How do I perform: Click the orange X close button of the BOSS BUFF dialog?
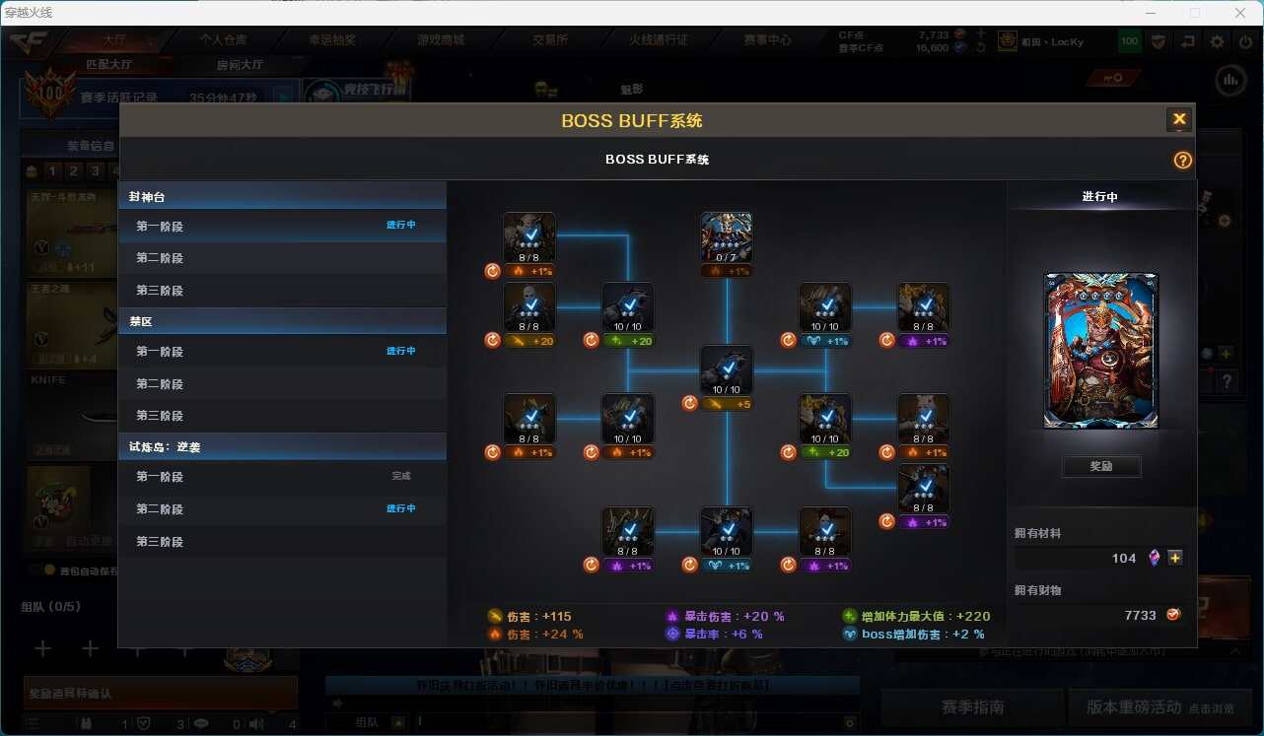(x=1178, y=120)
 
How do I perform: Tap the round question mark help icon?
(x=1183, y=161)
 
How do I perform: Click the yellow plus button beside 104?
(x=1174, y=558)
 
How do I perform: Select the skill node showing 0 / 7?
(x=727, y=237)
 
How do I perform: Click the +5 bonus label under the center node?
(x=729, y=404)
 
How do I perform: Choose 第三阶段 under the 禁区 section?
(x=160, y=416)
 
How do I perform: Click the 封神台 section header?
(x=148, y=197)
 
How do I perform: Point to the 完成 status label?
(x=401, y=477)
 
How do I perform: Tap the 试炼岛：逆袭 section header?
(x=165, y=447)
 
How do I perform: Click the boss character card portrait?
(x=1100, y=351)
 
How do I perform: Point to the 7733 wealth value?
(x=1140, y=615)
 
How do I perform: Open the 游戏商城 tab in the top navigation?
(x=441, y=40)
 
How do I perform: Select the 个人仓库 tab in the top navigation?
(x=224, y=40)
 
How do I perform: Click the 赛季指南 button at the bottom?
(x=972, y=706)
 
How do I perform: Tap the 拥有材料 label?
(x=1037, y=533)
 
